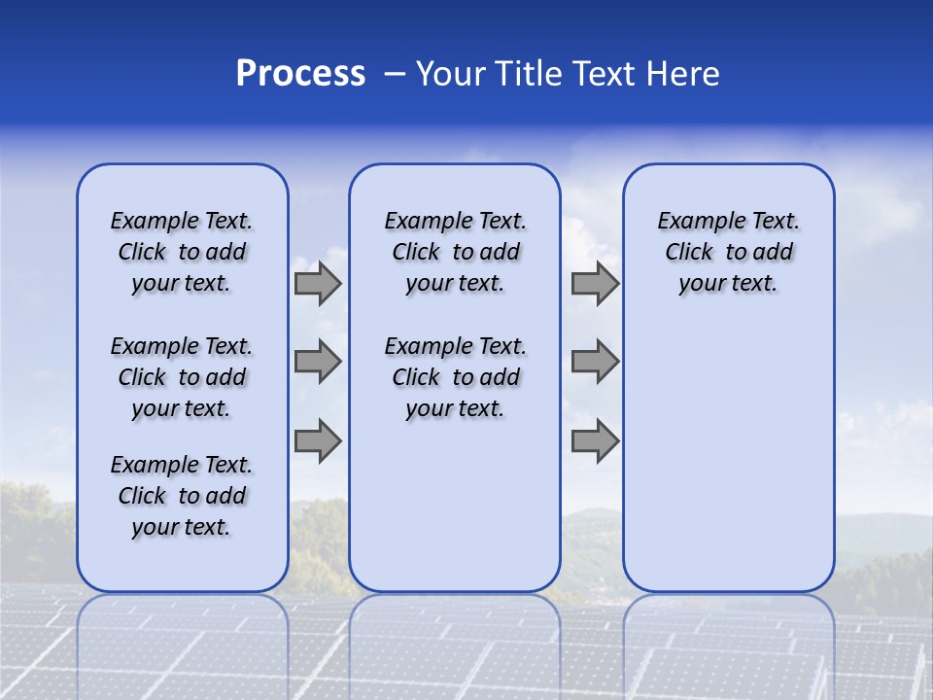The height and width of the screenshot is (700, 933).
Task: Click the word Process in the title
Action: [x=300, y=74]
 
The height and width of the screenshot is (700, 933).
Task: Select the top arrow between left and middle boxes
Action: [x=318, y=283]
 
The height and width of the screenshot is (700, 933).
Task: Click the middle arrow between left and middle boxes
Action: [x=318, y=362]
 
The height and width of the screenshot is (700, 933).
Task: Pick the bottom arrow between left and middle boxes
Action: [x=318, y=440]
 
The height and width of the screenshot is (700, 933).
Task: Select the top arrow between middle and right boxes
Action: [x=595, y=283]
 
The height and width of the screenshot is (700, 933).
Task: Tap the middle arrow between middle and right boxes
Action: [x=595, y=362]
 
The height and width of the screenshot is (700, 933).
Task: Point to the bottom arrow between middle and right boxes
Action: [x=595, y=440]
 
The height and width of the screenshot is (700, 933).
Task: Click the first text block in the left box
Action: [x=182, y=252]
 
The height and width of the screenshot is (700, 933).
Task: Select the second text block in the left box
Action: [x=182, y=377]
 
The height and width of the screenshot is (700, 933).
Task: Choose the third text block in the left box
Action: [x=182, y=496]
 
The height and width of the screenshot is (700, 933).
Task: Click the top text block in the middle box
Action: [x=455, y=252]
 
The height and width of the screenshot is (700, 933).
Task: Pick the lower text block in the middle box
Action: [x=455, y=377]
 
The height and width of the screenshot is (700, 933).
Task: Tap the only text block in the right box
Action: [x=728, y=252]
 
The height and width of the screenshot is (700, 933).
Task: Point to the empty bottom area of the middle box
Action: [x=455, y=515]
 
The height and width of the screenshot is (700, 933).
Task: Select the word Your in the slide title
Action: [x=451, y=74]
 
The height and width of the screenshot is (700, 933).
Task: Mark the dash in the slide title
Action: [x=396, y=74]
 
